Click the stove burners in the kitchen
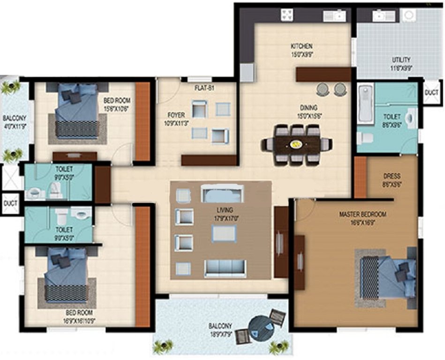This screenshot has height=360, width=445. pyautogui.click(x=287, y=15)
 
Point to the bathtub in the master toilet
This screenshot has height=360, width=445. pyautogui.click(x=365, y=104)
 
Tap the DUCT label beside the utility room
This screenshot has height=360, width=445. pyautogui.click(x=431, y=93)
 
